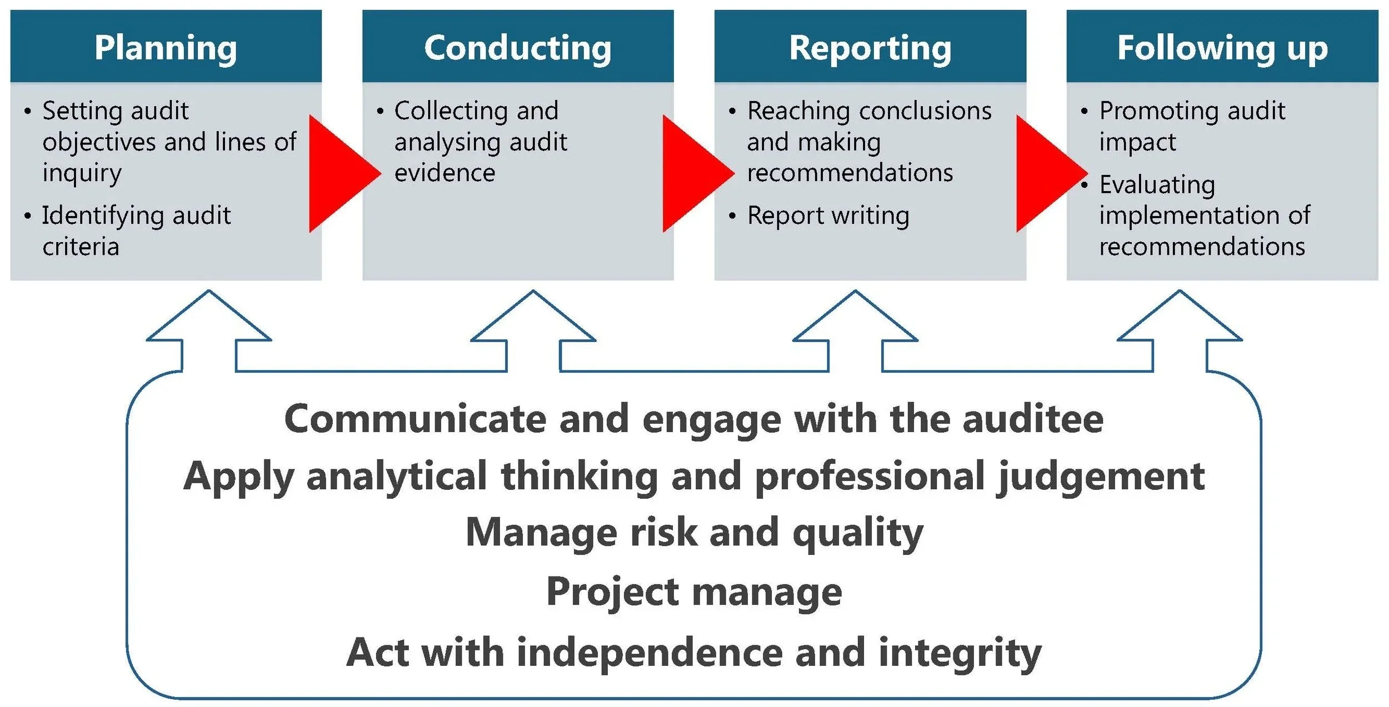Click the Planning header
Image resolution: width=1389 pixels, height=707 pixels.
pos(166,48)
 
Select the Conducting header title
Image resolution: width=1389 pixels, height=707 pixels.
pos(517,48)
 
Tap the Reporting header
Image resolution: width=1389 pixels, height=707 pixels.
pos(870,48)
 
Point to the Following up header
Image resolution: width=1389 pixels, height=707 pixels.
pos(1222,48)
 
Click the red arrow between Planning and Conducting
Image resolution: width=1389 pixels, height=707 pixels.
pos(339,173)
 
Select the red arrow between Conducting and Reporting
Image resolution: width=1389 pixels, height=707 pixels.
pos(692,173)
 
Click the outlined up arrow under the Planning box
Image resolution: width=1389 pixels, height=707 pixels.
pos(209,328)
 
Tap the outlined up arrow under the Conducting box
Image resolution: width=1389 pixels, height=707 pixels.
pos(533,328)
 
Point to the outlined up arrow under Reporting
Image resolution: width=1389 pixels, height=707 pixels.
pos(855,328)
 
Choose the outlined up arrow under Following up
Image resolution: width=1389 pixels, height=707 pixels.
pos(1180,328)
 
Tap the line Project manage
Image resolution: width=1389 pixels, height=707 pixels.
pos(694,592)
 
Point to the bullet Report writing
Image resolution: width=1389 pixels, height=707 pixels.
pos(828,215)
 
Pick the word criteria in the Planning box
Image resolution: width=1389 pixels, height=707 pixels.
pos(81,247)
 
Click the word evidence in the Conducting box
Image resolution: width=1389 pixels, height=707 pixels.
pos(444,173)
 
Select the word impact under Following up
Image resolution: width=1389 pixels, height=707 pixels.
pos(1137,142)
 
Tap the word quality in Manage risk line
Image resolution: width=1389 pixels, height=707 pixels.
pos(858,533)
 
